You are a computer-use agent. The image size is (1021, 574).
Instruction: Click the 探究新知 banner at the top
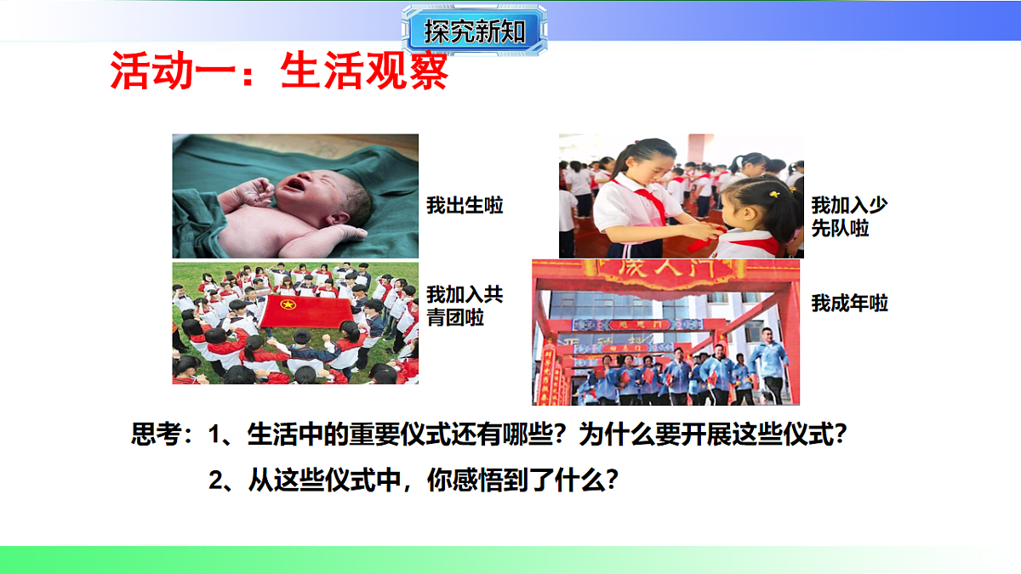click(x=474, y=32)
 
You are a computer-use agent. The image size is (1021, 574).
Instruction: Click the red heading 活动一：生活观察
click(x=279, y=71)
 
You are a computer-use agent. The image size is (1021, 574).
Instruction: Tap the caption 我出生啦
click(x=465, y=205)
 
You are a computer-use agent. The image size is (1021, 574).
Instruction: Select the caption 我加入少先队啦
click(x=849, y=216)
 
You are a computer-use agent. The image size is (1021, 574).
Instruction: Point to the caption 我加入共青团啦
click(x=465, y=306)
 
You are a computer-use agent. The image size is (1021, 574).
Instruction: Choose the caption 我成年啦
click(x=849, y=303)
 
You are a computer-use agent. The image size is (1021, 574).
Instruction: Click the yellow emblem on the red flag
click(x=288, y=304)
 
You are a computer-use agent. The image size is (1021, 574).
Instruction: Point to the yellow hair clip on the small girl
click(x=774, y=194)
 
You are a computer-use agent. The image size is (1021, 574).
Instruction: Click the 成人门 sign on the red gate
click(x=666, y=275)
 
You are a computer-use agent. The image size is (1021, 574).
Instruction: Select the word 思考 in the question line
click(x=157, y=435)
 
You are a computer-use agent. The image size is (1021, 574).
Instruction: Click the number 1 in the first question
click(x=215, y=435)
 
